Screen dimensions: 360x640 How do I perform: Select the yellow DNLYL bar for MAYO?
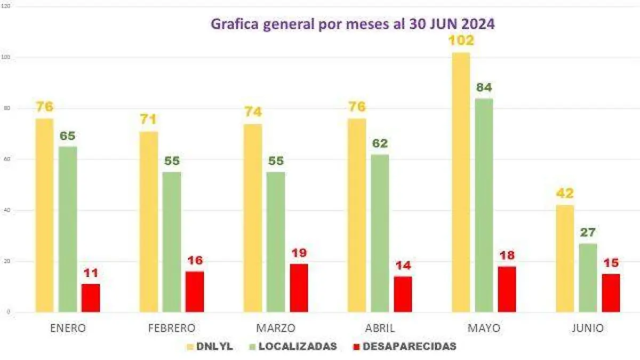point(461,182)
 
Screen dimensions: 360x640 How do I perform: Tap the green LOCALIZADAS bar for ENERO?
point(68,229)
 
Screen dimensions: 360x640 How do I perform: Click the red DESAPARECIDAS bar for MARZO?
point(299,288)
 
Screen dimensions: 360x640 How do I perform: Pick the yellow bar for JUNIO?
point(565,259)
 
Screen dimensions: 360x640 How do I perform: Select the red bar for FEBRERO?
point(195,292)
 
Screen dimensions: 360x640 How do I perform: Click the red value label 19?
point(299,253)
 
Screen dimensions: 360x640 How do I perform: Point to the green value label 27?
point(588,233)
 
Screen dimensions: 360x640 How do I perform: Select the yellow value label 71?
point(149,119)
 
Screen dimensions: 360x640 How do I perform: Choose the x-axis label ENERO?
point(68,328)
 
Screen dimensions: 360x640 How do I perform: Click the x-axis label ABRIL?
point(380,328)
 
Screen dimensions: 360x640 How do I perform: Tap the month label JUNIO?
point(587,328)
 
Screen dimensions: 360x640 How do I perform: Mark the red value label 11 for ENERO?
point(91,273)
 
